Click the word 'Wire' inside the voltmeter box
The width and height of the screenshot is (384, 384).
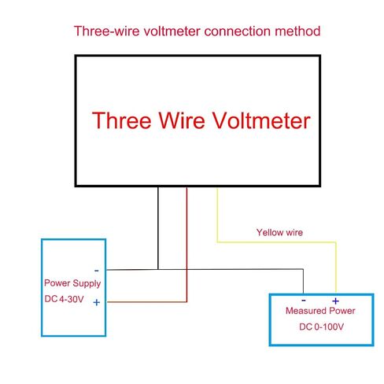(x=182, y=120)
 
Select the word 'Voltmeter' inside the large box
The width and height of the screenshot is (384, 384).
(x=261, y=120)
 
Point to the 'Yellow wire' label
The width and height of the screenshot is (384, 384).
(x=279, y=232)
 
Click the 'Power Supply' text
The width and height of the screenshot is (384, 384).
(x=72, y=283)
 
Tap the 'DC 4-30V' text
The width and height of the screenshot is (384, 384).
(x=64, y=299)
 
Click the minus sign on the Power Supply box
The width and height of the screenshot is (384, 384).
(x=97, y=271)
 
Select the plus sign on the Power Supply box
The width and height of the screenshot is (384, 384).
(x=97, y=302)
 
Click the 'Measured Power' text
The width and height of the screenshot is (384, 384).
(x=320, y=311)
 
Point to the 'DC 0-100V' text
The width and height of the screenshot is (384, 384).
(x=321, y=327)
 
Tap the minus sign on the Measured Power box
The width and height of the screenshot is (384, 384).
(x=304, y=301)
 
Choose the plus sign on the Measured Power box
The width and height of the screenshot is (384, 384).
(x=335, y=301)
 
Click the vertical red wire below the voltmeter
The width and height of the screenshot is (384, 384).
(x=186, y=245)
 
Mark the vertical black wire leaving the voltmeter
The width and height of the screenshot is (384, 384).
(x=158, y=228)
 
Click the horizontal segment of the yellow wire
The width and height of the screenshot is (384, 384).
(x=277, y=242)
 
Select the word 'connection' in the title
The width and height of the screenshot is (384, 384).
(x=237, y=31)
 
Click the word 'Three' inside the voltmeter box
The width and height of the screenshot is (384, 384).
(x=122, y=120)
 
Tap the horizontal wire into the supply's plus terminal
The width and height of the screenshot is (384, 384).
(x=147, y=302)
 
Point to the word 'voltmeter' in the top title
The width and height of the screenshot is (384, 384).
(x=172, y=31)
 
